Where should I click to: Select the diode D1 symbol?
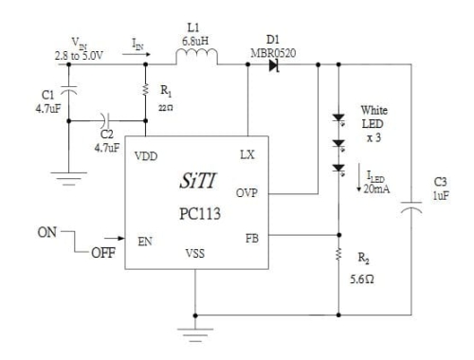click(276, 65)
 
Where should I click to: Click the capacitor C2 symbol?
click(105, 121)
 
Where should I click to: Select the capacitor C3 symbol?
click(411, 210)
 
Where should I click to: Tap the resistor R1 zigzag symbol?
click(146, 93)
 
